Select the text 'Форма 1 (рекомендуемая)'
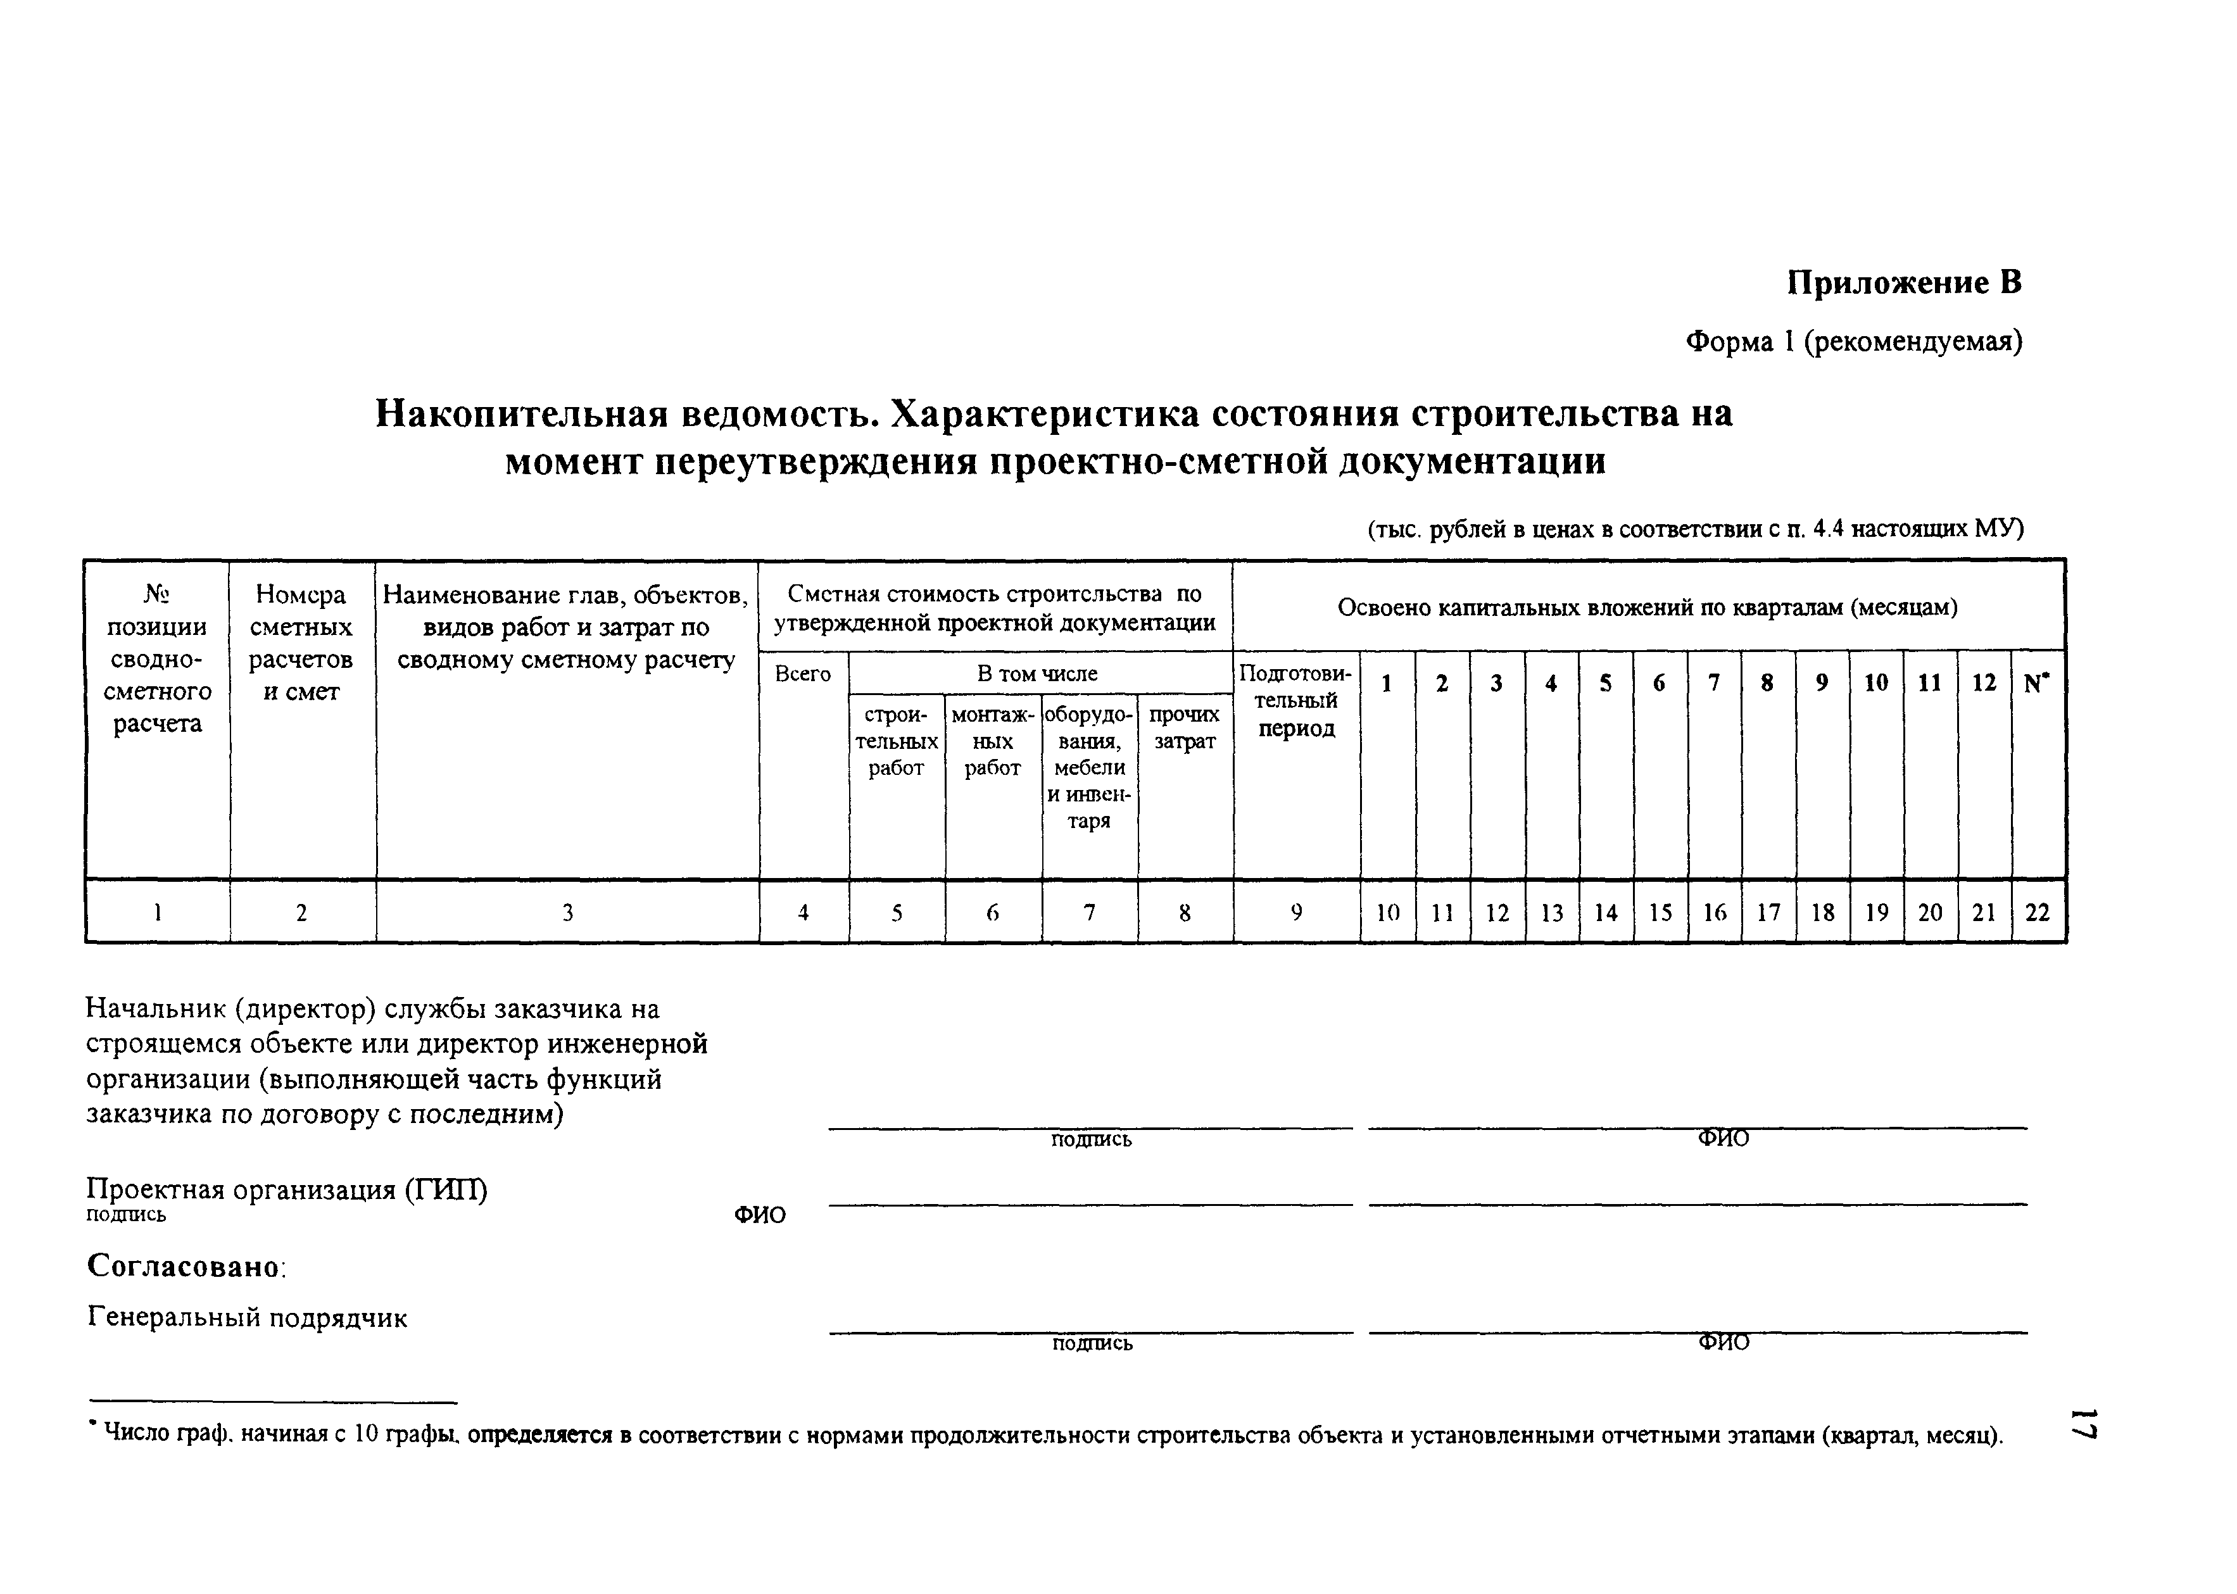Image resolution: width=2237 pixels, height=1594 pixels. [1853, 342]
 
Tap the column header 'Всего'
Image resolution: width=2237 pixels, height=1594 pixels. [802, 674]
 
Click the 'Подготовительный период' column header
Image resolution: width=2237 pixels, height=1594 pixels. [1295, 701]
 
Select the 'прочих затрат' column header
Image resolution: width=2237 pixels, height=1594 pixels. [1184, 728]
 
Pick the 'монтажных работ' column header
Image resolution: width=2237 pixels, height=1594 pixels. [992, 741]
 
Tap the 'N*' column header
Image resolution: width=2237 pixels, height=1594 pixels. [2037, 683]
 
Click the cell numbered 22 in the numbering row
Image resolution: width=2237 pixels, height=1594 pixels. [2037, 913]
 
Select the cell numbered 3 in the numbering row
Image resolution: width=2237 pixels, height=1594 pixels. [567, 913]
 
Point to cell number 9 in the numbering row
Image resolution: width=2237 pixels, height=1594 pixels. [1295, 913]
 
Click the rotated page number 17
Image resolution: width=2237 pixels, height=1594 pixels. [2083, 1424]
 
